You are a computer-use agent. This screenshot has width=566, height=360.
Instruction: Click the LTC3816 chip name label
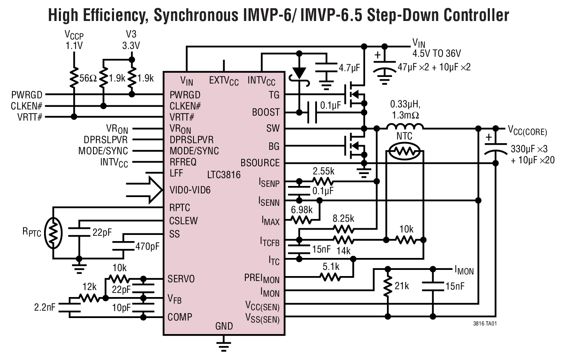point(224,175)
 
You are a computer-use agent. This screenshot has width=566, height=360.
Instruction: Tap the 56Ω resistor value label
point(88,78)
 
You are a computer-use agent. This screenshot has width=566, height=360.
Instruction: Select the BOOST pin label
point(266,112)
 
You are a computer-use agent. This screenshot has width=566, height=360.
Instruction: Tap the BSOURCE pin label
point(260,163)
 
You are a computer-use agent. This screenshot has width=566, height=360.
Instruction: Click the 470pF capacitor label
point(147,246)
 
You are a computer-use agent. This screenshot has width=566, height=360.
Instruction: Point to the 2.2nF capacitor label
point(45,307)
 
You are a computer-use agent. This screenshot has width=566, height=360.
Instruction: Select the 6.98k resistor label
point(302,209)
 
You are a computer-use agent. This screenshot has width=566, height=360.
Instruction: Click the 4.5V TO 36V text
point(437,53)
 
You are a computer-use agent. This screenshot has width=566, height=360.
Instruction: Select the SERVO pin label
point(181,279)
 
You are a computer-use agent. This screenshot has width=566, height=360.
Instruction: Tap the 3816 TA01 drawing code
point(485,324)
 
